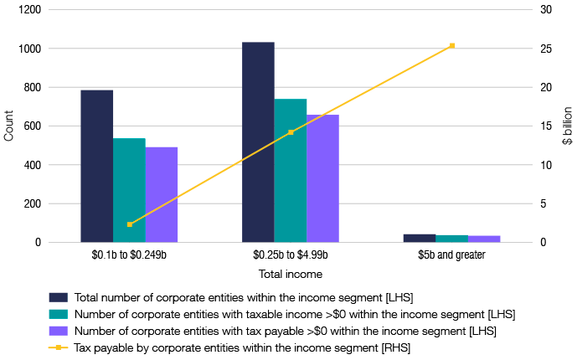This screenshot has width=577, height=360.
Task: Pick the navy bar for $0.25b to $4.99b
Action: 258,142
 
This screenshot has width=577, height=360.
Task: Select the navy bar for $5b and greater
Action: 420,238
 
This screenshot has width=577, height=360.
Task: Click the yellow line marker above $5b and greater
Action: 452,45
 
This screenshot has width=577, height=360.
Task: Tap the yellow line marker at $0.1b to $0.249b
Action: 129,224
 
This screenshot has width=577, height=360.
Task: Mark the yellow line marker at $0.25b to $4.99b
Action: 291,132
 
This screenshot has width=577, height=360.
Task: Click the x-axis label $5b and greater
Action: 451,255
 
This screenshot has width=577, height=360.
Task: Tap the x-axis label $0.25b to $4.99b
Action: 290,255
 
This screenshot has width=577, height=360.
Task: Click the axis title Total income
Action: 290,273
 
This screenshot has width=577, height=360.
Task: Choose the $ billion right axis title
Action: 567,126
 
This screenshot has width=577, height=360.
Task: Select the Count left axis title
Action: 9,126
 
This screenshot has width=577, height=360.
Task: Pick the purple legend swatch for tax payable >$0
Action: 58,330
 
